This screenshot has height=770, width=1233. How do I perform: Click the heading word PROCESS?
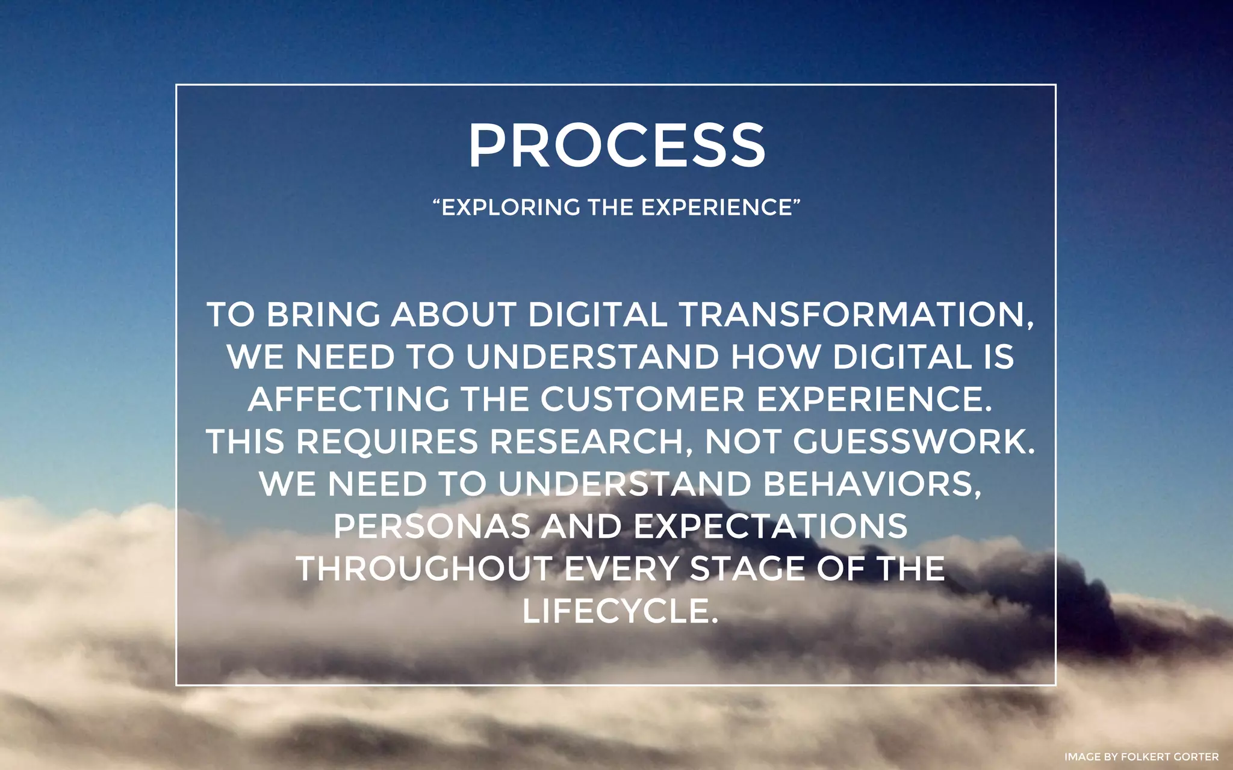(x=616, y=146)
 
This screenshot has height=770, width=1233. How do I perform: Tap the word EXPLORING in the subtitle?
(x=510, y=208)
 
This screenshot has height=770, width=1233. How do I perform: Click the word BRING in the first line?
(x=323, y=315)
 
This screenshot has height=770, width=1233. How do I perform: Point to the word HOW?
(x=775, y=357)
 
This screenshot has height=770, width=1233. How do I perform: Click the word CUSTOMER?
(x=642, y=399)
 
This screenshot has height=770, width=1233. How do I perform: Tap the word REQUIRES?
(x=387, y=442)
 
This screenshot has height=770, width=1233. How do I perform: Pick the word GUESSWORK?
(x=913, y=442)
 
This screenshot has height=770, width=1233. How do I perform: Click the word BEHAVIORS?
(x=872, y=484)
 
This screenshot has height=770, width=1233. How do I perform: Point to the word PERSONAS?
(x=432, y=526)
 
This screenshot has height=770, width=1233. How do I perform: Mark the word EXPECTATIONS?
(x=771, y=526)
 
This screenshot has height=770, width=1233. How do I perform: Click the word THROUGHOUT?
(x=424, y=569)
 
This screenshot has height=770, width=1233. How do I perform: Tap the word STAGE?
(x=747, y=569)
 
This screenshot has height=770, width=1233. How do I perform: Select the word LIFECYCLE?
(x=620, y=611)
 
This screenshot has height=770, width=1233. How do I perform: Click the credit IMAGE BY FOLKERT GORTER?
(x=1141, y=757)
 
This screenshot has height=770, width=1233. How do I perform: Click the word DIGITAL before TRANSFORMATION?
(x=597, y=315)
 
